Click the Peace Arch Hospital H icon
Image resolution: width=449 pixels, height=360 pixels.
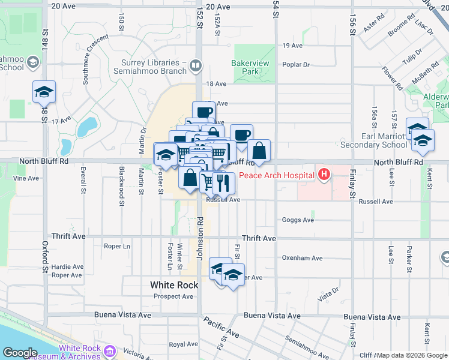[x=324, y=175]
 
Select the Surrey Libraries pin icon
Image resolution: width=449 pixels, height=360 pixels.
[x=195, y=65]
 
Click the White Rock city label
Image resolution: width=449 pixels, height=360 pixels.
[x=174, y=285]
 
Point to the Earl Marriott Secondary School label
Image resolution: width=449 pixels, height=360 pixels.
[x=373, y=140]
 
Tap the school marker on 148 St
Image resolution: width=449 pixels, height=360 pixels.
[x=44, y=92]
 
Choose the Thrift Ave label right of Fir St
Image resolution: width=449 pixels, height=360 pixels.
[x=259, y=238]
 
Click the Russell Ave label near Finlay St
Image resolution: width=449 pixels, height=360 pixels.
[x=375, y=202]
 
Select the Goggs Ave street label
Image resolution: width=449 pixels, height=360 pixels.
[x=298, y=220]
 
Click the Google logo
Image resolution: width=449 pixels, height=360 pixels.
[x=20, y=353]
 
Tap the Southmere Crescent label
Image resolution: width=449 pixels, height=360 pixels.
[x=97, y=53]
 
